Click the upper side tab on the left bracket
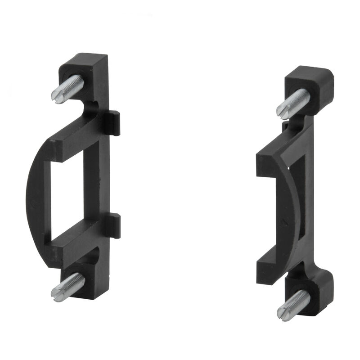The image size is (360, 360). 115,123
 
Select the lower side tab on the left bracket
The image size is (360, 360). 115,225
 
